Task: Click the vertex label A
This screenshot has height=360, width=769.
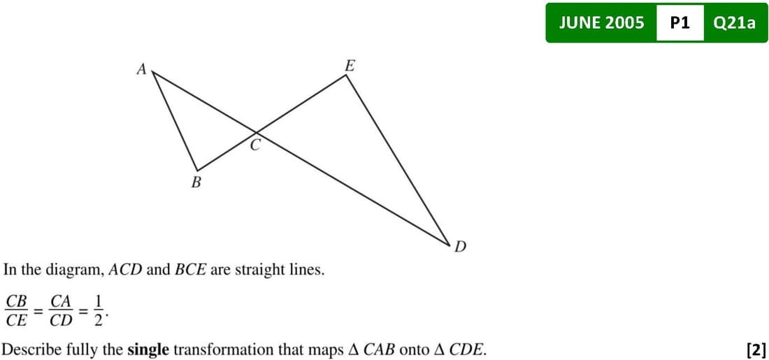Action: pos(142,69)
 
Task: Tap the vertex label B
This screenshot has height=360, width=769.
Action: pos(196,183)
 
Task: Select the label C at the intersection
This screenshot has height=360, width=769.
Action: pos(255,145)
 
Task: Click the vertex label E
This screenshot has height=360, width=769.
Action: pos(350,66)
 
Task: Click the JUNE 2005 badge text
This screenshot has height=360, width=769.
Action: pos(602,22)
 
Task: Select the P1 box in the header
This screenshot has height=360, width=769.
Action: pos(680,22)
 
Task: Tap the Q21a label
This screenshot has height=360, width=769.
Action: pos(734,22)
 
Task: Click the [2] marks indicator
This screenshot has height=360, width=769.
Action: pos(756,349)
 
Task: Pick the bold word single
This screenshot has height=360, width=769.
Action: pos(148,349)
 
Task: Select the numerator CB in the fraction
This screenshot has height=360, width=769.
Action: pos(16,301)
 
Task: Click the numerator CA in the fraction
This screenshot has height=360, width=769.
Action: pos(62,301)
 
